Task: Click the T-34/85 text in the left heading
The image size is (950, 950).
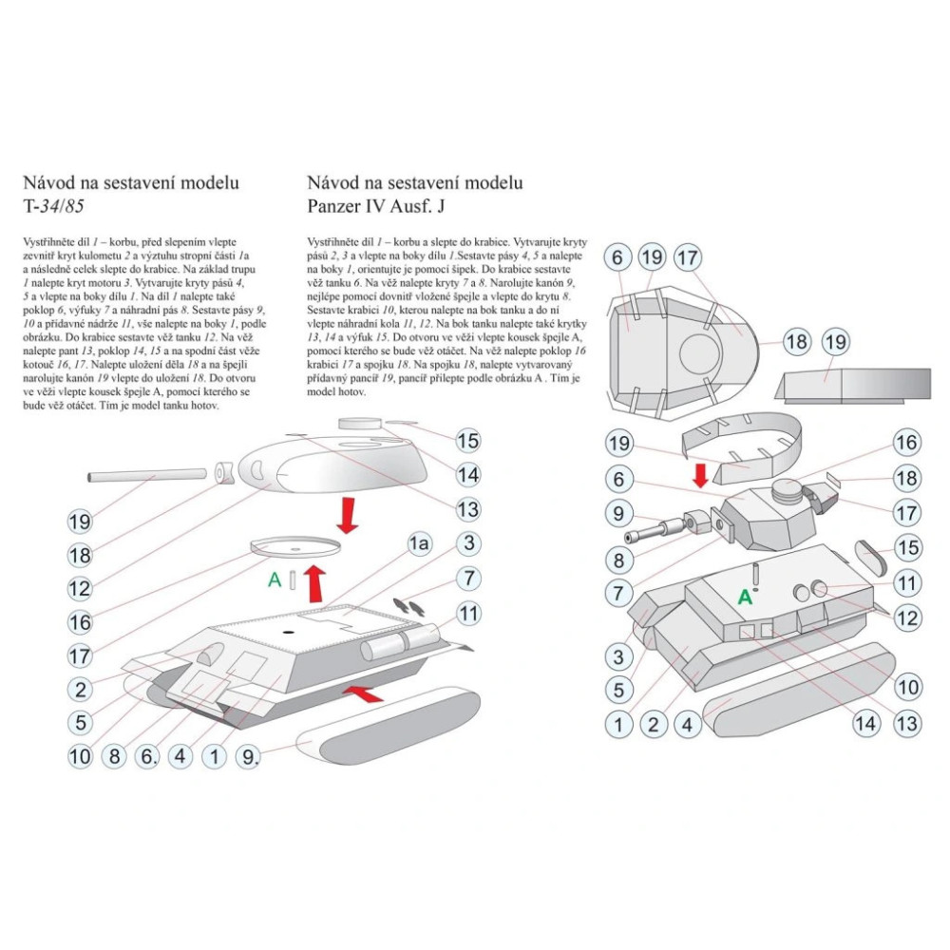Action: (53, 206)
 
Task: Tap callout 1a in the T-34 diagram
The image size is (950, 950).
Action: (419, 544)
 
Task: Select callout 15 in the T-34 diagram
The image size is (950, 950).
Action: (467, 441)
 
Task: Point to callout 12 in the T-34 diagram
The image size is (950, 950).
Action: (80, 588)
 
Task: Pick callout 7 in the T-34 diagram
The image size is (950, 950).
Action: (468, 579)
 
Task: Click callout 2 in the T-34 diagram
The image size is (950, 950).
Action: (80, 689)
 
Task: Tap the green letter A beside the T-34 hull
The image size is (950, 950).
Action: (275, 579)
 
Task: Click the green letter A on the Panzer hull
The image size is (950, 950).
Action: (745, 598)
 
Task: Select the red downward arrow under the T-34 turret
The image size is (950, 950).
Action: (347, 515)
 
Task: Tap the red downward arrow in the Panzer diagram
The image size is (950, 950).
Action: (700, 476)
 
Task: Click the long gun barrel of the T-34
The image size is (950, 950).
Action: (147, 473)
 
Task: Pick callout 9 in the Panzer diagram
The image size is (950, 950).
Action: (618, 513)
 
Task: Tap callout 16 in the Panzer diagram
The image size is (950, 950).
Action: (906, 443)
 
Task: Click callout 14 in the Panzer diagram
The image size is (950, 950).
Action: (865, 723)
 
